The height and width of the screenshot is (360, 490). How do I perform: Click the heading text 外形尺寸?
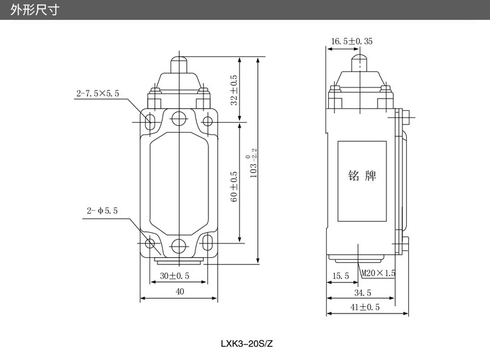tap(34, 11)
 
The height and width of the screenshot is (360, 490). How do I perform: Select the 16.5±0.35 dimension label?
tap(351, 42)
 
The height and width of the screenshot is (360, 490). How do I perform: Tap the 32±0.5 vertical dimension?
tap(234, 90)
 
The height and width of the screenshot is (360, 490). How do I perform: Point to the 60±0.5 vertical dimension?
tap(234, 187)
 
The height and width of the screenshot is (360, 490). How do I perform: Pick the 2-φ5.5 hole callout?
tap(102, 211)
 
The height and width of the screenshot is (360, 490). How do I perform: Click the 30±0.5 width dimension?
tap(175, 276)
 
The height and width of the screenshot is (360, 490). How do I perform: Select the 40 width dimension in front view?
tap(179, 292)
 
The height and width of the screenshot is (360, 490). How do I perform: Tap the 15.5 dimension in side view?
tap(341, 276)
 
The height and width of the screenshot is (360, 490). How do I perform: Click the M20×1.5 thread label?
tap(379, 273)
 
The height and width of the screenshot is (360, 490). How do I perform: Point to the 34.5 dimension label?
tap(362, 292)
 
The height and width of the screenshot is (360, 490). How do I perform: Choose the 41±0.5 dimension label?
tap(365, 307)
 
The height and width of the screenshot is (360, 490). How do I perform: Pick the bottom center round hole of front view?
tap(179, 244)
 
